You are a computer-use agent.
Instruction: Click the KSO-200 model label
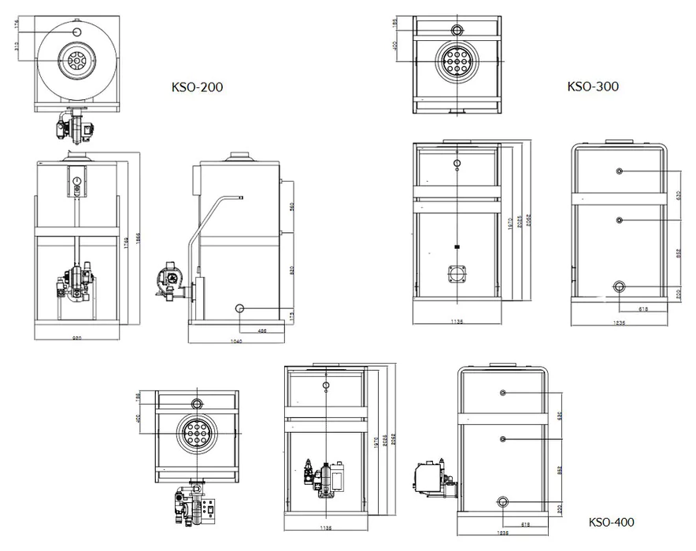pyautogui.click(x=197, y=87)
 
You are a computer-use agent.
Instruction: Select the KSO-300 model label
pyautogui.click(x=592, y=87)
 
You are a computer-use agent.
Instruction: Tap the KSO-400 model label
pyautogui.click(x=611, y=522)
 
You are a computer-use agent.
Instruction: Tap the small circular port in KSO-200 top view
pyautogui.click(x=76, y=31)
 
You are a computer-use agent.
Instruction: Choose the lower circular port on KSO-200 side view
pyautogui.click(x=240, y=309)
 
